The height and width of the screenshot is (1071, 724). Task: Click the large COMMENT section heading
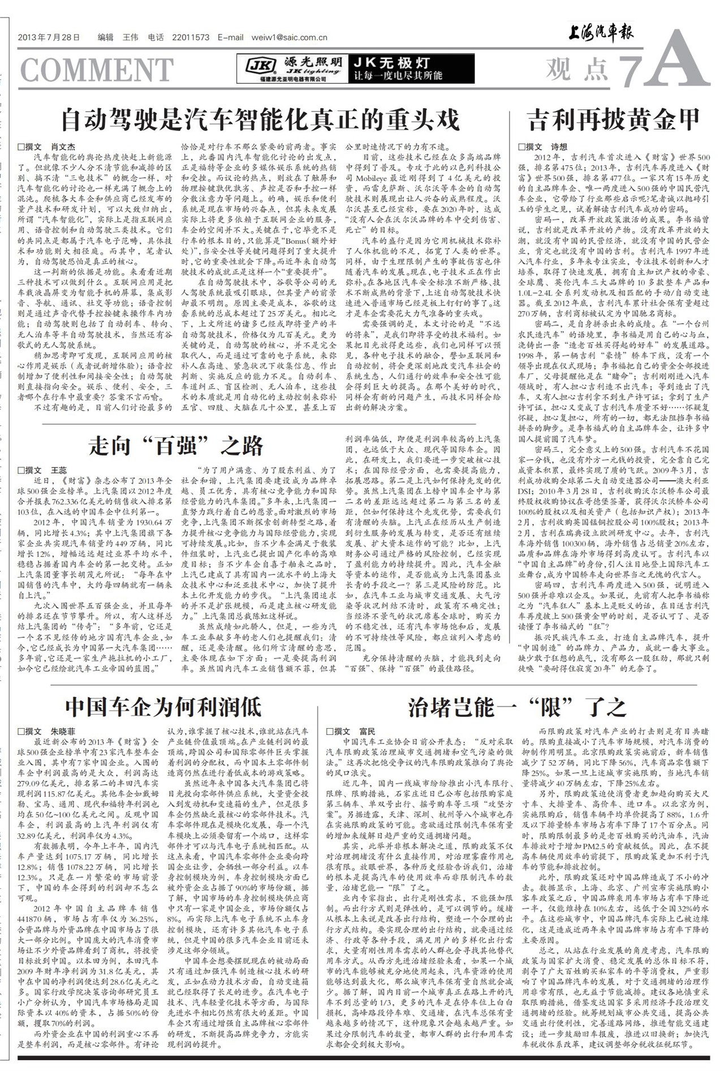(x=96, y=70)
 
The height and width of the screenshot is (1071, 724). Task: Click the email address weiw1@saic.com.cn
(x=291, y=38)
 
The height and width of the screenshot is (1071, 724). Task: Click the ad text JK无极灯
(x=391, y=63)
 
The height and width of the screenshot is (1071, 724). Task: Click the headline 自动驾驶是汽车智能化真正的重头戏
(x=260, y=119)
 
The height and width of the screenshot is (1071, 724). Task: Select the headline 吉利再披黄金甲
(x=614, y=119)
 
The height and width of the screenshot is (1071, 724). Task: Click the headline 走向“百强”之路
(x=176, y=446)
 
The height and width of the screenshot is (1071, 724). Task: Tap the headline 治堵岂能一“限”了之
(x=517, y=707)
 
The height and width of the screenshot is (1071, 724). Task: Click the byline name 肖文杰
(x=63, y=147)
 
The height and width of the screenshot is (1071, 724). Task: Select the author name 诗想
(x=559, y=147)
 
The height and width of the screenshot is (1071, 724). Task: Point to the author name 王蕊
(x=59, y=470)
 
